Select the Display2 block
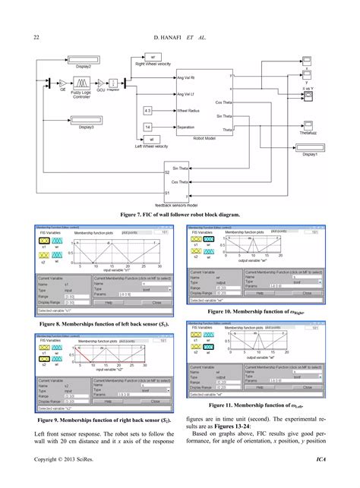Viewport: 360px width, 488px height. (x=84, y=58)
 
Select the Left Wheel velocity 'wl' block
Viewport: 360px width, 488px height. (x=151, y=140)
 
